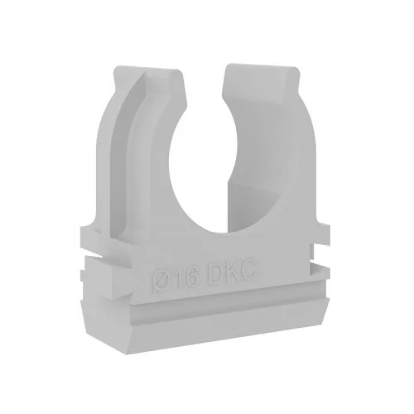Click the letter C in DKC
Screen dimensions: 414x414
tap(248, 270)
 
